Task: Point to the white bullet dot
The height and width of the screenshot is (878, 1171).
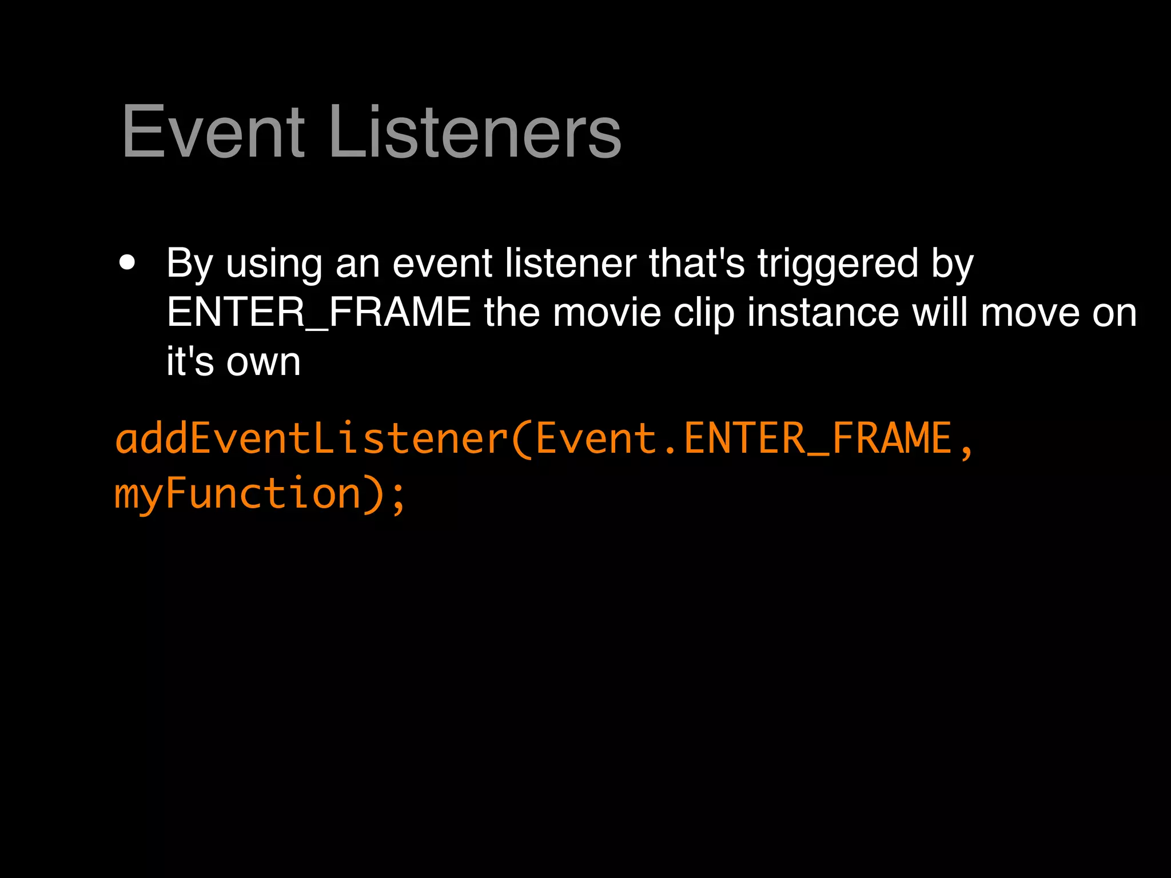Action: (x=128, y=264)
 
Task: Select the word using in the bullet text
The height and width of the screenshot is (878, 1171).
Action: (x=274, y=265)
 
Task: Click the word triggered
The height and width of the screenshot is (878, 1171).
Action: (x=837, y=265)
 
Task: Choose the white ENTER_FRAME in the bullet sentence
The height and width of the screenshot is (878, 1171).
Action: (x=318, y=313)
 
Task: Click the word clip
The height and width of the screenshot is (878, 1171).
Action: (x=703, y=314)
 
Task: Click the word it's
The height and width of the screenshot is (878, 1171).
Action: (x=190, y=361)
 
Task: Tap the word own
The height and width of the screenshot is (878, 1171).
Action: (x=264, y=362)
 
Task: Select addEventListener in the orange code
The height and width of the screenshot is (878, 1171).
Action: (x=311, y=439)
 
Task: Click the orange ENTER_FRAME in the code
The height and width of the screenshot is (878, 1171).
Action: (x=818, y=439)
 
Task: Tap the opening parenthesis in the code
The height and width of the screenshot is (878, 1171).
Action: (x=521, y=439)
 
